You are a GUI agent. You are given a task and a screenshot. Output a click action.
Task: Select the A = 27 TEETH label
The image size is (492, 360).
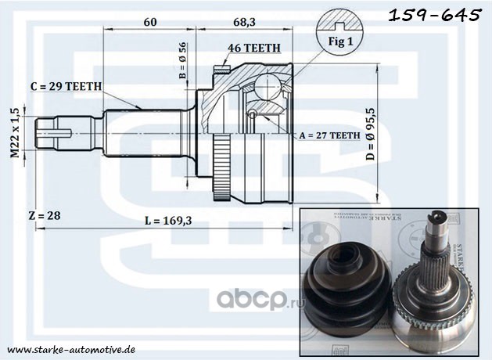(x=329, y=135)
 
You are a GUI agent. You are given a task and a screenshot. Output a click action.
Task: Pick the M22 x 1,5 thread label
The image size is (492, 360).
(x=14, y=132)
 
